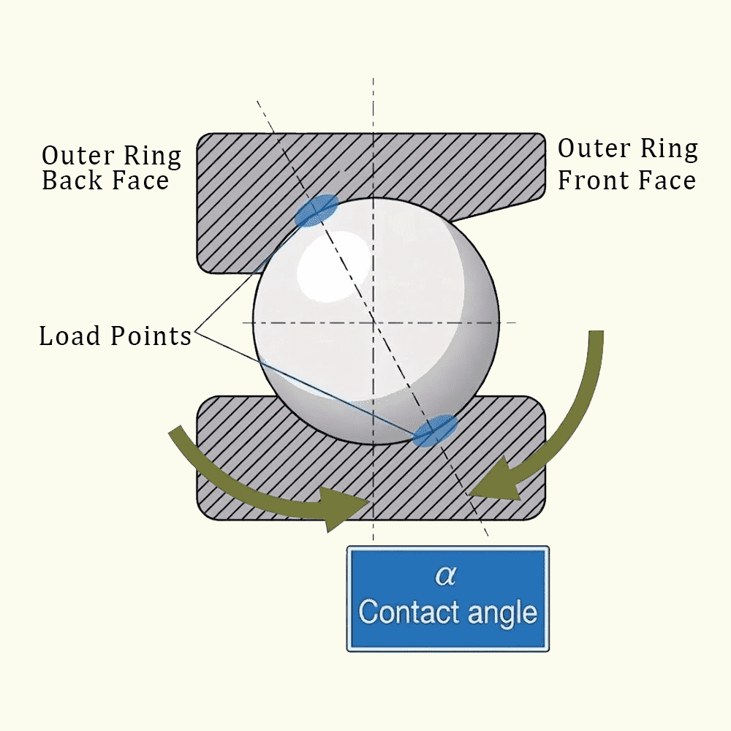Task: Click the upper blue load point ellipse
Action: point(317,211)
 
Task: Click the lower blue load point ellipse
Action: point(435,430)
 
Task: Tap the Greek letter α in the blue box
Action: point(447,576)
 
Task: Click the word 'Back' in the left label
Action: point(72,181)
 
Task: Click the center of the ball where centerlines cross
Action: point(373,322)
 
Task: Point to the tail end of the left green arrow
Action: point(173,432)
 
